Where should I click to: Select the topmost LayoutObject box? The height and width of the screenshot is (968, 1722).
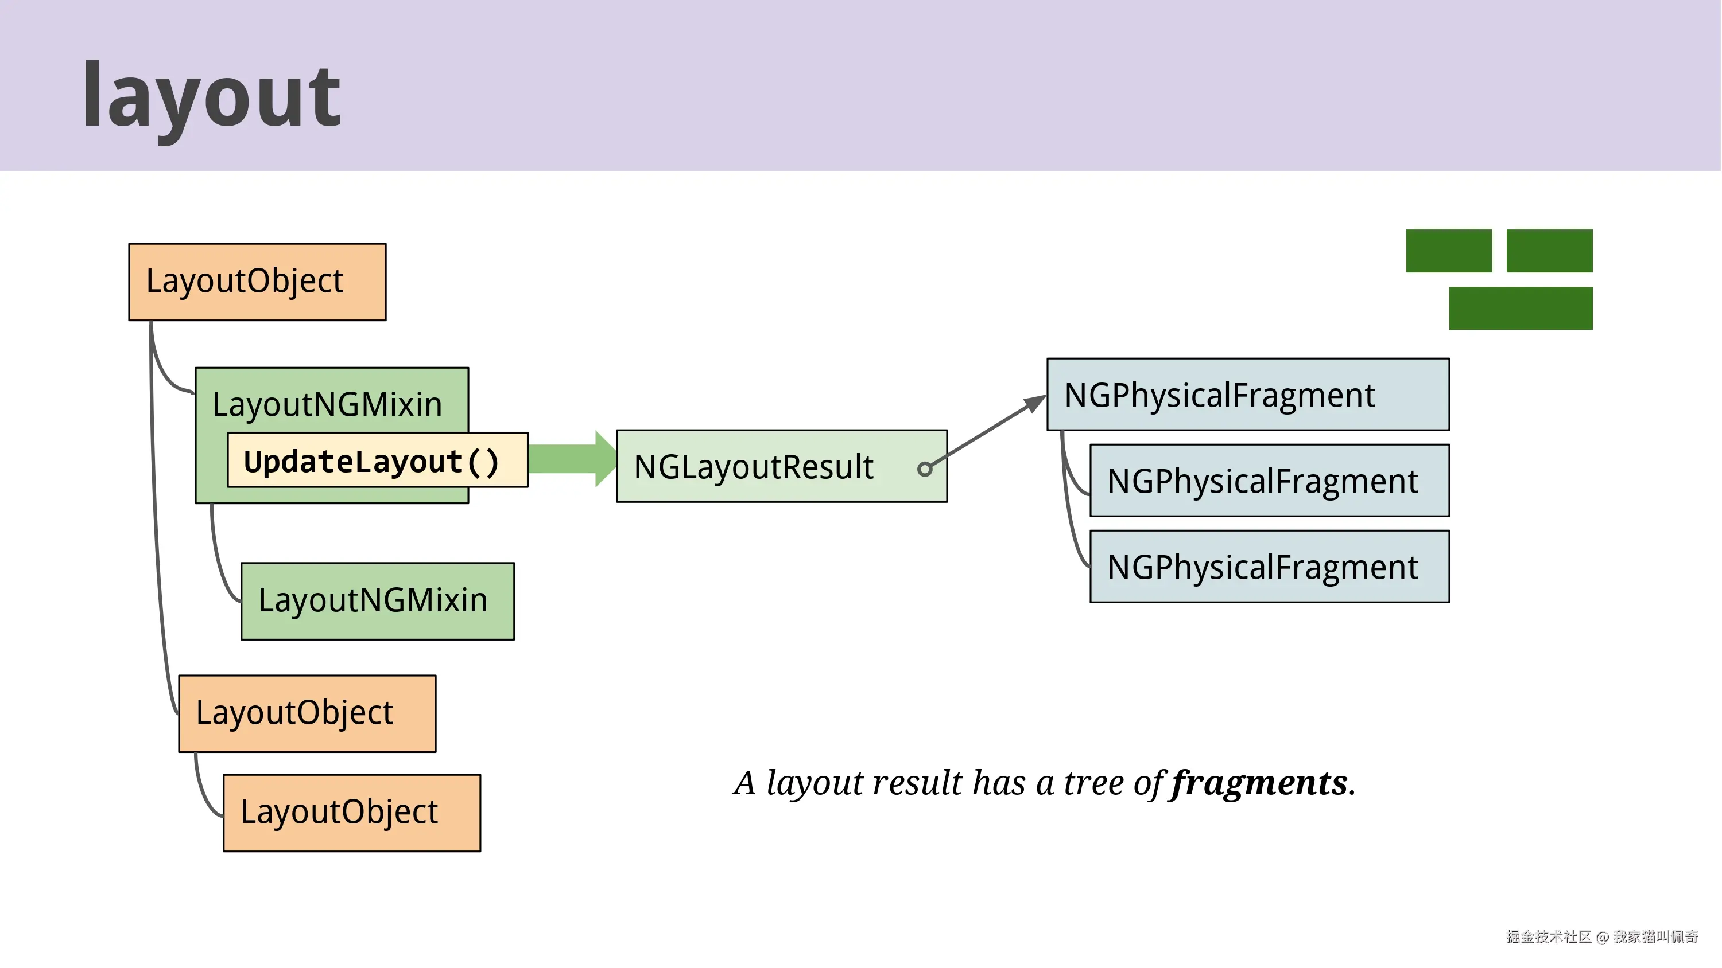tap(257, 282)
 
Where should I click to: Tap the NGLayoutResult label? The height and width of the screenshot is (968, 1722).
tap(753, 467)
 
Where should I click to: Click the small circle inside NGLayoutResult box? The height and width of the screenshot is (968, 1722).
tap(925, 469)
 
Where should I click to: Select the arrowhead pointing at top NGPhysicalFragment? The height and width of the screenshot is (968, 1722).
tap(1035, 403)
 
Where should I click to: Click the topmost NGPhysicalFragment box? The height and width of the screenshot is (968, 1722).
tap(1247, 395)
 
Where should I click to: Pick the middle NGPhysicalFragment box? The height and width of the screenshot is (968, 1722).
tap(1269, 481)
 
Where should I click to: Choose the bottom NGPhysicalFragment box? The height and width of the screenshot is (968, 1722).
tap(1269, 567)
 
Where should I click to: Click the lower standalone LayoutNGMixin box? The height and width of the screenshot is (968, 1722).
tap(378, 600)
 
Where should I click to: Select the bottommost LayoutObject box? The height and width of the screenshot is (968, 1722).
tap(352, 813)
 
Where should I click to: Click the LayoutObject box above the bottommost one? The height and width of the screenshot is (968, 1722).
tap(307, 713)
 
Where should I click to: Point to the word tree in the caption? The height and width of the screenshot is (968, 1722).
tap(1093, 783)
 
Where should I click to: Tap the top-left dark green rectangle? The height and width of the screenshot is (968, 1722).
tap(1449, 251)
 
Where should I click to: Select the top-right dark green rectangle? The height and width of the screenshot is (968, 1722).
tap(1549, 251)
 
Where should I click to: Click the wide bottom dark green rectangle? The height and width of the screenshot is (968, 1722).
tap(1520, 308)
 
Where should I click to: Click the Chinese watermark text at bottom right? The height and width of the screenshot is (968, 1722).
tap(1601, 936)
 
